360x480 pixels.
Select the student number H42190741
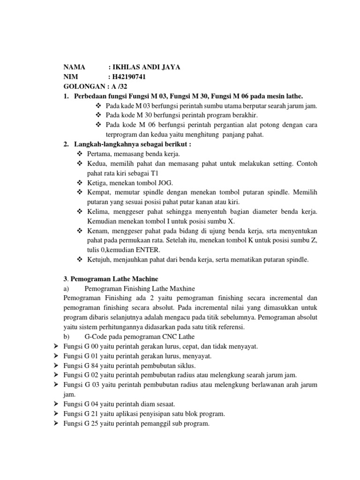133,77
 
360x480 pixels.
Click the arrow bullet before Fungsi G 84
56,366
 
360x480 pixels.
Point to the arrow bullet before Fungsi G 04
56,404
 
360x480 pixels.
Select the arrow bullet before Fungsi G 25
56,423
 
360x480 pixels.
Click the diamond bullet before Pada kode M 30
98,115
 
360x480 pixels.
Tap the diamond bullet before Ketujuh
79,260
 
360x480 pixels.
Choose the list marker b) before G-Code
66,337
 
